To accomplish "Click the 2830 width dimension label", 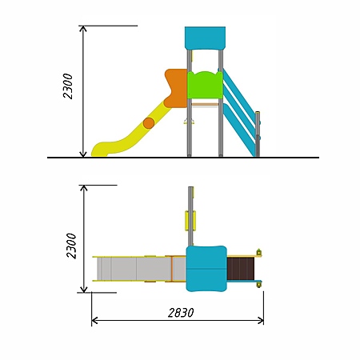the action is pyautogui.click(x=181, y=313).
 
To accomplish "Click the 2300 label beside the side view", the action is pyautogui.click(x=68, y=86).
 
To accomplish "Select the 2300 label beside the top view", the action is pyautogui.click(x=71, y=246).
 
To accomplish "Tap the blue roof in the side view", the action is pyautogui.click(x=205, y=38).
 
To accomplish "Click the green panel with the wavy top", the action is pyautogui.click(x=205, y=85).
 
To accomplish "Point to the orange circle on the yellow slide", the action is pyautogui.click(x=149, y=123).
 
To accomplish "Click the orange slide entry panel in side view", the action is pyautogui.click(x=176, y=88).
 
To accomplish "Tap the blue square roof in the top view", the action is pyautogui.click(x=206, y=269).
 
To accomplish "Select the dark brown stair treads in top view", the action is pyautogui.click(x=241, y=269).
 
